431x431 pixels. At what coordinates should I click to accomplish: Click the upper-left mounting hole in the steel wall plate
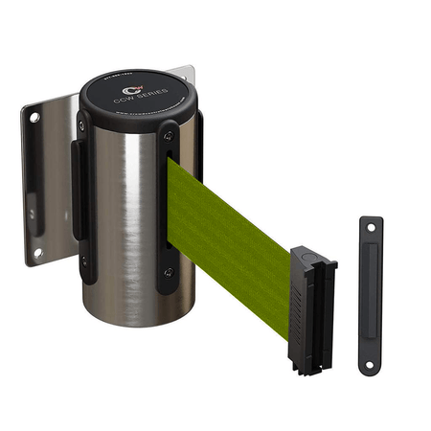(34, 117)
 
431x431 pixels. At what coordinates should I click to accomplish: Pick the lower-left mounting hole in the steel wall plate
(38, 253)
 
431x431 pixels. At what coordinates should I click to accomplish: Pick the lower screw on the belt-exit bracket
(169, 273)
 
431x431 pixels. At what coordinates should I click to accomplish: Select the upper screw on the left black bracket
(83, 125)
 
